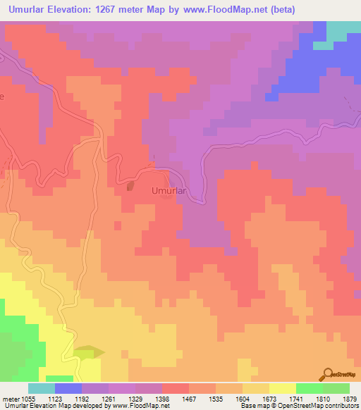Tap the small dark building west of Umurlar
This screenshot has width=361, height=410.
click(130, 187)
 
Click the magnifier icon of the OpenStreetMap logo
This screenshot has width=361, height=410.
click(326, 374)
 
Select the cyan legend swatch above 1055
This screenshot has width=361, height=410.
click(42, 388)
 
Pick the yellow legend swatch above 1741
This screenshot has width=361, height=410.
click(283, 388)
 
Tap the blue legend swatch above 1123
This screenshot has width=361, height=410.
click(68, 388)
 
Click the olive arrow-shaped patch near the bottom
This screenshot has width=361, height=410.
click(89, 352)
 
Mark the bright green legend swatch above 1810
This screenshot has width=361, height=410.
click(310, 388)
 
